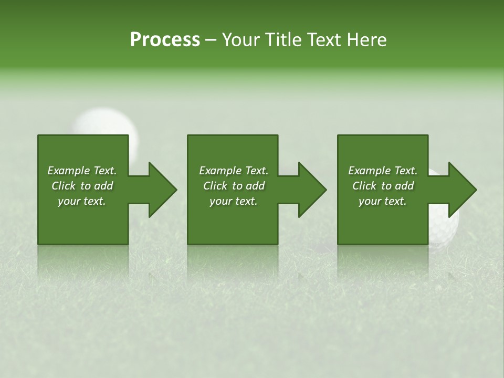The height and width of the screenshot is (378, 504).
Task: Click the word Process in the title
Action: [x=165, y=40]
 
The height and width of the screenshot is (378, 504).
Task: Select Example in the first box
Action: [x=69, y=171]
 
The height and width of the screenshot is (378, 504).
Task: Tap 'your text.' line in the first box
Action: [x=82, y=201]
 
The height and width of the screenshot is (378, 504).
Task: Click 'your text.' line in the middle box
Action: [x=233, y=201]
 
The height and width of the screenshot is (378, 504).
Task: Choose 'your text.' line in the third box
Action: [x=383, y=201]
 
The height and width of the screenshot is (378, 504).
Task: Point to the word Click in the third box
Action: [x=365, y=186]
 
